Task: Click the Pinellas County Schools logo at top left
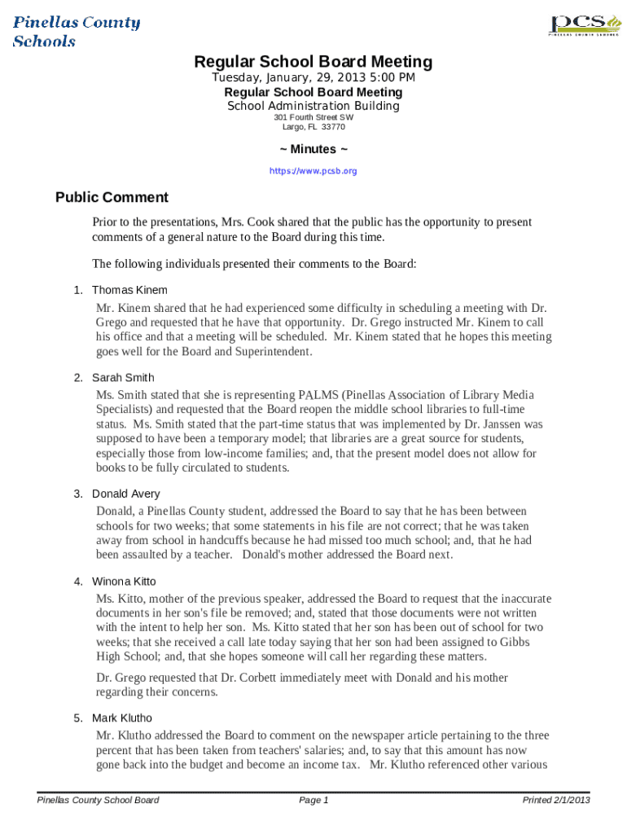pos(76,31)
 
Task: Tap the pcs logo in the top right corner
pos(580,25)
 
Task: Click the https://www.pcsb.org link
pos(313,172)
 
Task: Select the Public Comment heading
pos(112,198)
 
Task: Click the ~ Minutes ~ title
pos(313,150)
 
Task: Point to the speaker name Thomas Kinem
pos(129,290)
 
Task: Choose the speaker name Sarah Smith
pos(123,378)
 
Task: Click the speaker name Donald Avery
pos(126,494)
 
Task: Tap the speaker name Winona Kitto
pos(124,582)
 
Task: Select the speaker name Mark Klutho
pos(122,718)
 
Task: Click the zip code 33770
pos(333,127)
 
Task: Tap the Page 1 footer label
pos(313,801)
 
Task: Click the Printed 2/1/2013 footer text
pos(555,801)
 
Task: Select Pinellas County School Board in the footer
pos(99,801)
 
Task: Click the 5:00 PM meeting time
pos(393,77)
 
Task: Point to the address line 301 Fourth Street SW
pos(313,117)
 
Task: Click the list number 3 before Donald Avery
pos(78,494)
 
